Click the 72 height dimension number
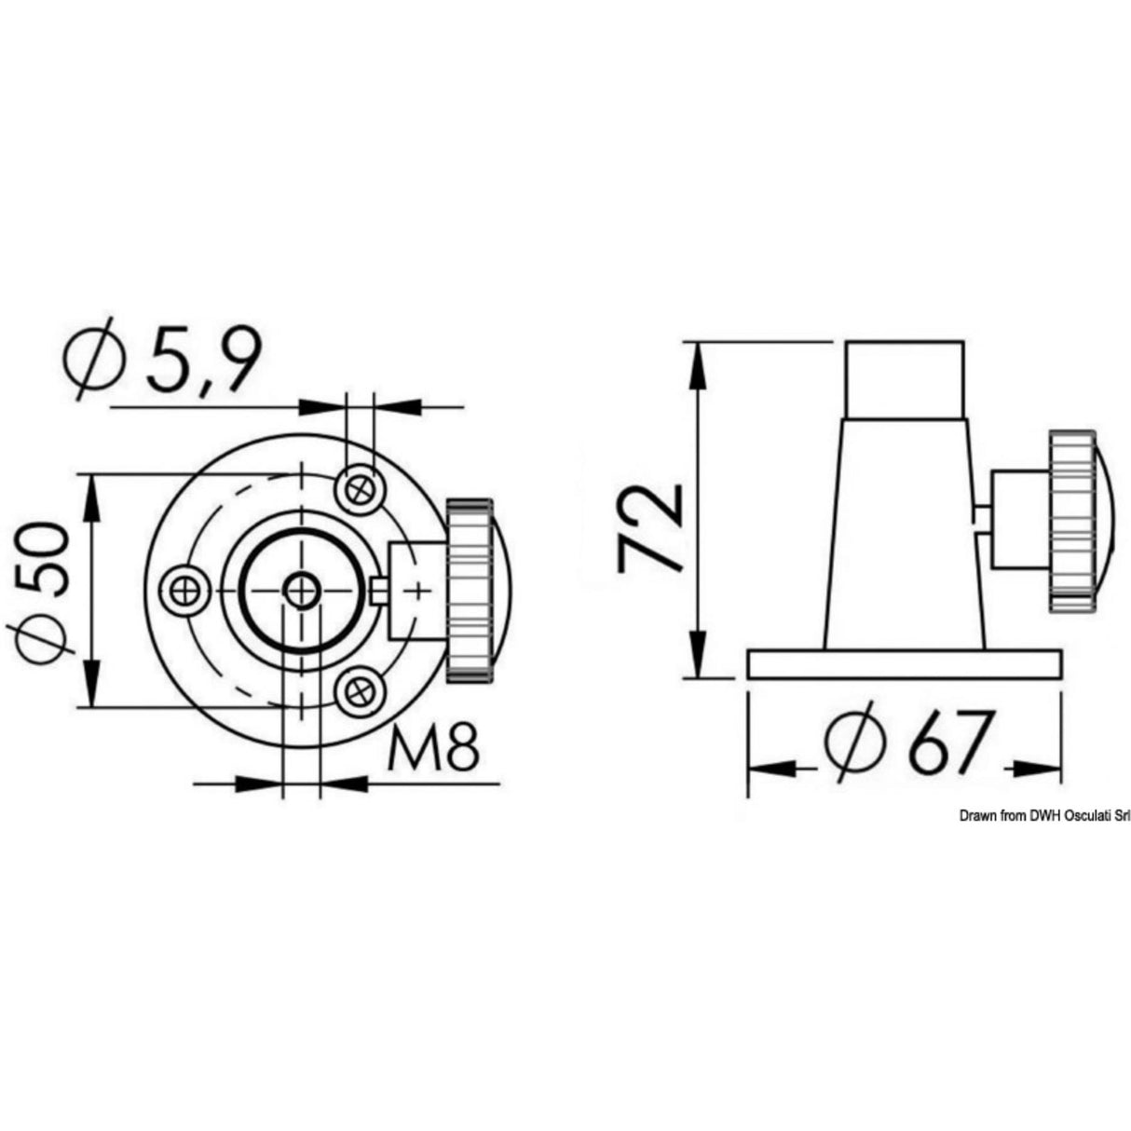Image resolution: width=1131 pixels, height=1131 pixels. point(651,526)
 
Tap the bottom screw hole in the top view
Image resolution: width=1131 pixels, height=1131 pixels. point(360,690)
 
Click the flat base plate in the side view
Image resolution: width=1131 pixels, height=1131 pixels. point(904,663)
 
